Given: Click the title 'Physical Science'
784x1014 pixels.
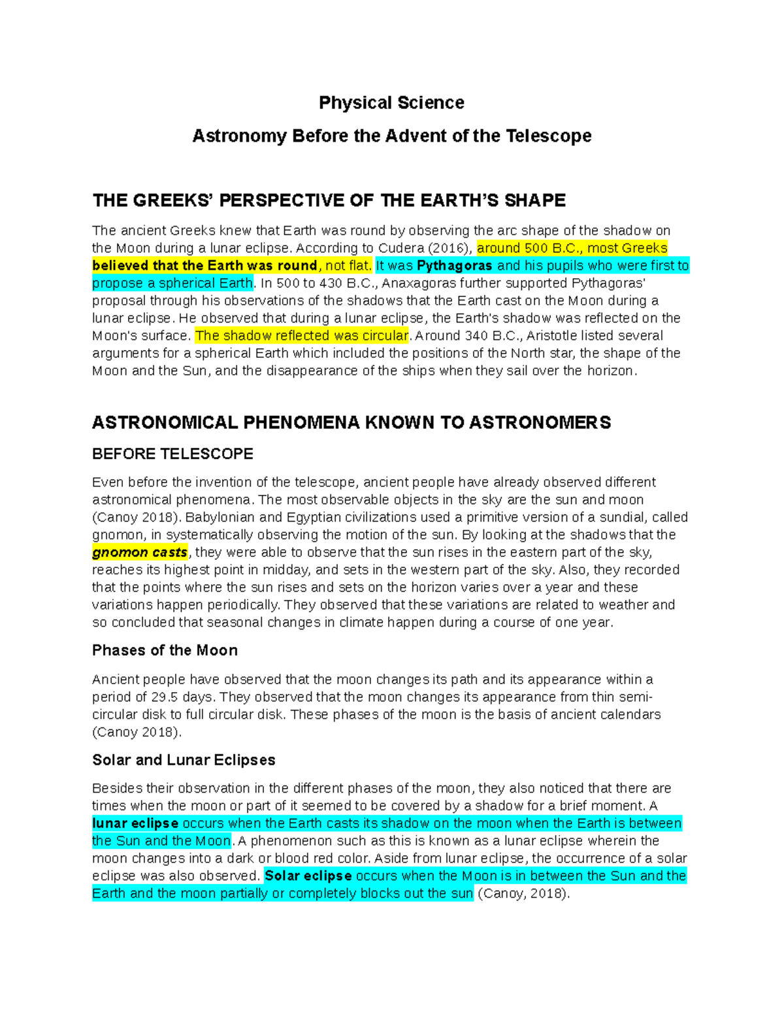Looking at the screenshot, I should click(x=391, y=103).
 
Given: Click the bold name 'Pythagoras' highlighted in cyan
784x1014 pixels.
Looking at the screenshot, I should click(x=455, y=266).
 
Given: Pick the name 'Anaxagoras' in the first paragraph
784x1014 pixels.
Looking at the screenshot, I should click(x=419, y=283).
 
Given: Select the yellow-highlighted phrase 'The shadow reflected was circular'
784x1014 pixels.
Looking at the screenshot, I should click(x=302, y=336).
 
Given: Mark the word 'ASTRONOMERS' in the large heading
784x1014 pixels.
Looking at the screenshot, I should click(x=540, y=422).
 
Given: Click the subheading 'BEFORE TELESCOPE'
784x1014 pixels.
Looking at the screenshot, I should click(x=172, y=454).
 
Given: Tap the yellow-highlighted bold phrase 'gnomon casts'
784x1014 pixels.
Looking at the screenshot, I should click(x=140, y=552).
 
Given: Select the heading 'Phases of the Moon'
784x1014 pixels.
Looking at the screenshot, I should click(x=165, y=650).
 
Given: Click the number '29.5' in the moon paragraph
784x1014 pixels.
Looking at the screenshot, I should click(x=165, y=697).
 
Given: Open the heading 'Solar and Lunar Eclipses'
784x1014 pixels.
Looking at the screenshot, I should click(x=184, y=760).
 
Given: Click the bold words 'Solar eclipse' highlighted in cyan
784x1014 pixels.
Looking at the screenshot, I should click(x=308, y=876).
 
